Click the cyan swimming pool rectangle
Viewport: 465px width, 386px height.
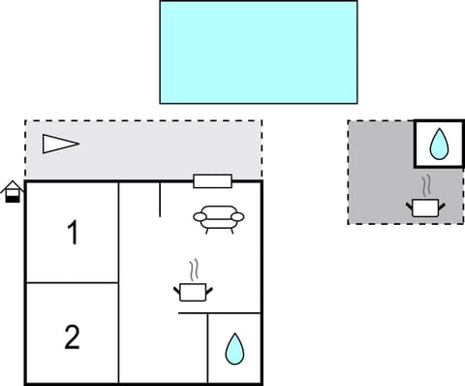click(258, 51)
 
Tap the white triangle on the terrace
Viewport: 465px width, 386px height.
click(59, 145)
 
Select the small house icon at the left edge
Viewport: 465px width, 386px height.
click(12, 191)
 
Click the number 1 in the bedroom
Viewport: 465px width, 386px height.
click(72, 233)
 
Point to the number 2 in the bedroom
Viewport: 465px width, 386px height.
click(72, 338)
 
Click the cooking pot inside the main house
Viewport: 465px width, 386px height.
click(192, 291)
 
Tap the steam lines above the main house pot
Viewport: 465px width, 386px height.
click(194, 268)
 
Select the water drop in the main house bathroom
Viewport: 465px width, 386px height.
click(234, 348)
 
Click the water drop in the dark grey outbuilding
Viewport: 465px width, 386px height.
click(439, 145)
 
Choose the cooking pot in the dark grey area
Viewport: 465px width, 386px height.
click(424, 207)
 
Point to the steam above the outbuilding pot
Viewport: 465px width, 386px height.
click(426, 184)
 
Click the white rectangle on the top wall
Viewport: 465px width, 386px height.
click(212, 180)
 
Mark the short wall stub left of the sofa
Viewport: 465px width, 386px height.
click(159, 199)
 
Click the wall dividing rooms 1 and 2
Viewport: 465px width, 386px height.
click(72, 283)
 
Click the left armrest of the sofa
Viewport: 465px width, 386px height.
click(200, 218)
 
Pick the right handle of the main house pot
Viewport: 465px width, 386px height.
click(208, 287)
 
